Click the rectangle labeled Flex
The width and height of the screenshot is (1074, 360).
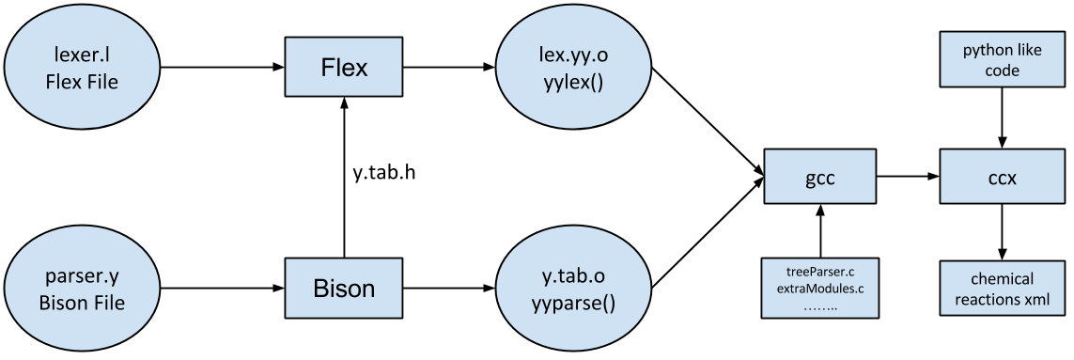coord(344,68)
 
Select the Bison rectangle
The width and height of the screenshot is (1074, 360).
coord(344,288)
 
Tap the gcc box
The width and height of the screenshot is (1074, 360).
coord(820,177)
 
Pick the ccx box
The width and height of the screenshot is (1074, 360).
coord(996,177)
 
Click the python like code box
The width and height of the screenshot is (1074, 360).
coord(996,60)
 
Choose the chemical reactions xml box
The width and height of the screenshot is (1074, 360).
coord(996,290)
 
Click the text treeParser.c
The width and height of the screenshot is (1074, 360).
coord(819,272)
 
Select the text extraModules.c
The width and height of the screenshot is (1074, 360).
coord(819,288)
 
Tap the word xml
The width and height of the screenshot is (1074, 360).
coord(1036,301)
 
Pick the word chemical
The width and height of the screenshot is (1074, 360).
coord(996,279)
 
